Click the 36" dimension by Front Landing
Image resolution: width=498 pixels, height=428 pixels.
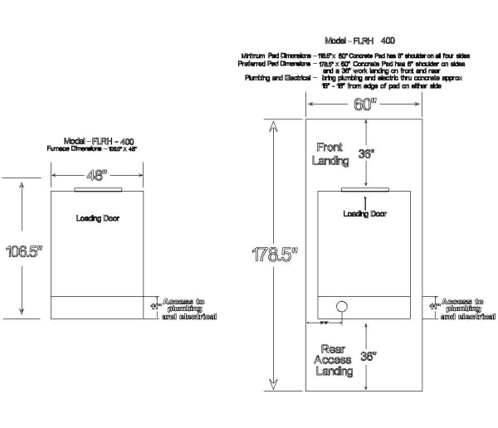click(x=366, y=153)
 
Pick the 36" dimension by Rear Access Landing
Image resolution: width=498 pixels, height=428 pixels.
click(x=368, y=357)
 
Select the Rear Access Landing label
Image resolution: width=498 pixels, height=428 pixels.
click(x=332, y=360)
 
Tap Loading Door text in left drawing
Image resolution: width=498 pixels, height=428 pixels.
click(x=98, y=218)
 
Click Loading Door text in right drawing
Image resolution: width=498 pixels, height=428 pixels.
click(x=364, y=214)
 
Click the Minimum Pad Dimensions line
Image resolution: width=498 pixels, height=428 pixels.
click(x=358, y=55)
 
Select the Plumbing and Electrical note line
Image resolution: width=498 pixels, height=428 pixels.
click(x=358, y=77)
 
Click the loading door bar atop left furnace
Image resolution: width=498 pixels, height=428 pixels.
click(x=97, y=189)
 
